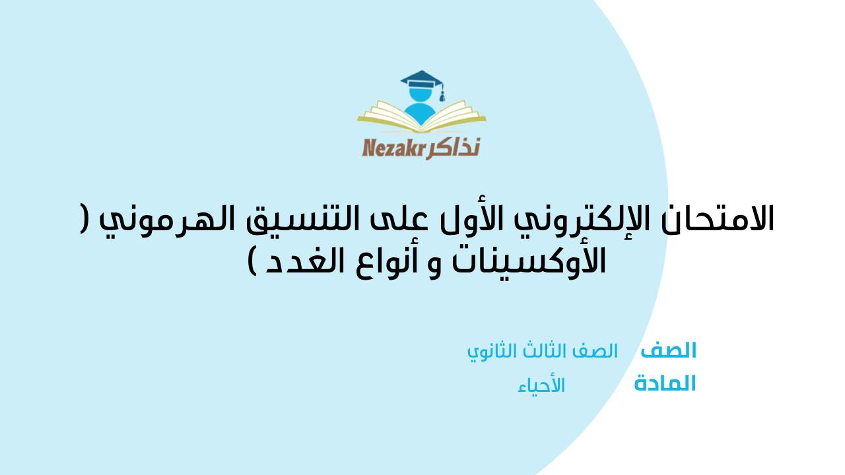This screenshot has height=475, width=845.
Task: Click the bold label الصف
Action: (x=668, y=350)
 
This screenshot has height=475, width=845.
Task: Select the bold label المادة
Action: (x=665, y=383)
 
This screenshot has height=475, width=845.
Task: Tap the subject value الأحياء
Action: (x=541, y=385)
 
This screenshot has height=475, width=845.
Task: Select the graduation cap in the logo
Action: (x=422, y=84)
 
